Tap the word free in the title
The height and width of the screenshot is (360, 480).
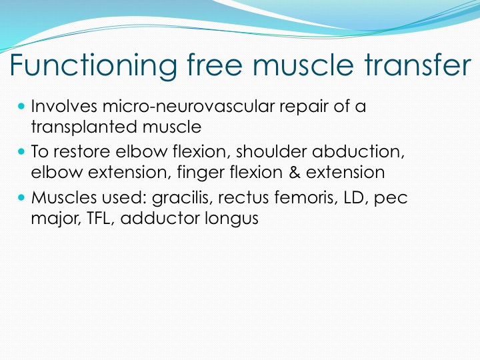point(215,65)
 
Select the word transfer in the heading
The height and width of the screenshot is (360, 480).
point(417,65)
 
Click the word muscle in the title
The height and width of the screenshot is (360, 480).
point(303,65)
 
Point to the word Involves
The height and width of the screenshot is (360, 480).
point(64,106)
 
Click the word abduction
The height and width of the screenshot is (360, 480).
point(358,151)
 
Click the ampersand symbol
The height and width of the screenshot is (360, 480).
point(294,172)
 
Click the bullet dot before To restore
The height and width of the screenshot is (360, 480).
point(21,151)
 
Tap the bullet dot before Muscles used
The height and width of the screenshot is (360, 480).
point(21,197)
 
